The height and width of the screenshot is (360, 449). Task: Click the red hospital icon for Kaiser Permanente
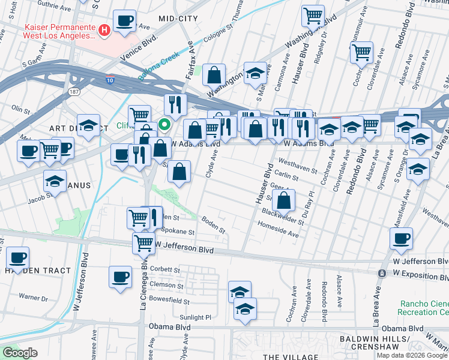tap(104, 29)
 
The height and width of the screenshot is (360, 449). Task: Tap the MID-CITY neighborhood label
tap(178, 19)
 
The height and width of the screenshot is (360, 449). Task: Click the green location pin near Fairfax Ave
tap(163, 125)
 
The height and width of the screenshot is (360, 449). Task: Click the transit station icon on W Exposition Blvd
tap(381, 274)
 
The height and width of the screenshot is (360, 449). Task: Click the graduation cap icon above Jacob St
tap(55, 180)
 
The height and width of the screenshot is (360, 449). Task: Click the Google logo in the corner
tap(19, 353)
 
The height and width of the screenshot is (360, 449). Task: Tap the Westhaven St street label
tap(298, 166)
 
